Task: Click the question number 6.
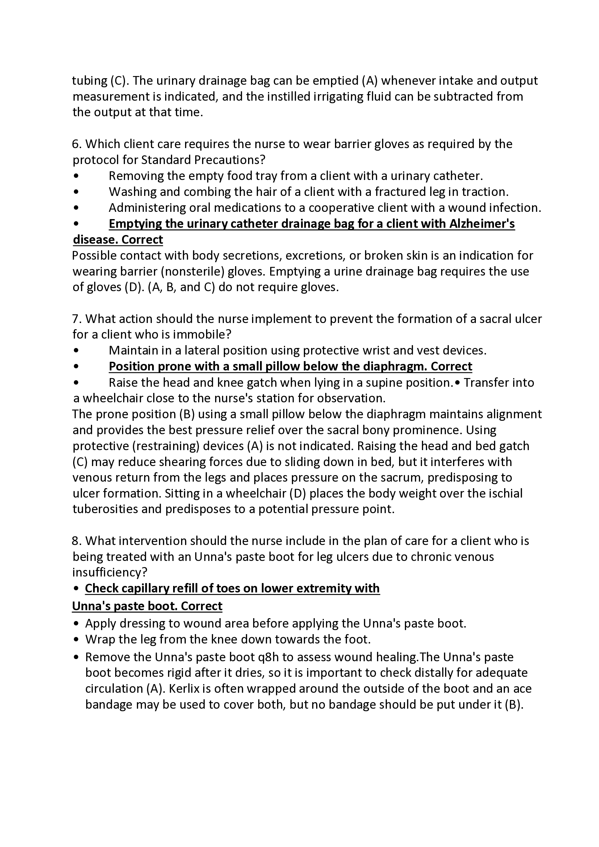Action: (76, 144)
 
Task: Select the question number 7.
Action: (76, 319)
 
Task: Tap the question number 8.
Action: (76, 541)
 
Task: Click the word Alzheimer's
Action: (482, 223)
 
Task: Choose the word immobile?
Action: (202, 335)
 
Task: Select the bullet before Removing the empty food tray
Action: (76, 176)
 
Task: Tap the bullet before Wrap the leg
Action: (76, 640)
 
